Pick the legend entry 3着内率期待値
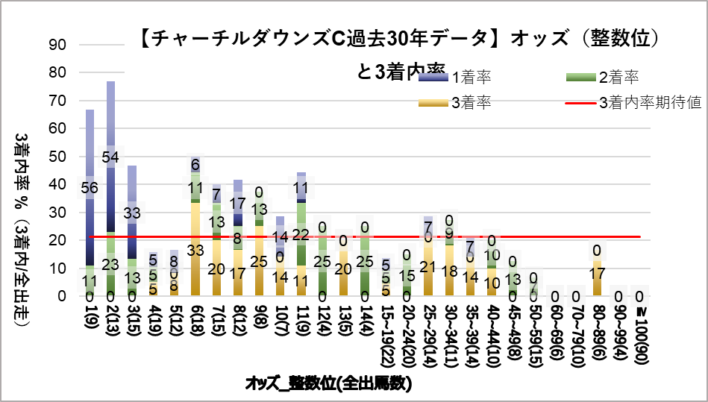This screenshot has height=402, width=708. click(x=650, y=103)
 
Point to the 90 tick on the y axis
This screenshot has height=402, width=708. click(x=59, y=45)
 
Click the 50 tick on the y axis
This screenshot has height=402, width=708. click(x=59, y=157)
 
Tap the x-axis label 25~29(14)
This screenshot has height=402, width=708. click(x=427, y=339)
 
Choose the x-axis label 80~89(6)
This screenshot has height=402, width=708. click(x=597, y=336)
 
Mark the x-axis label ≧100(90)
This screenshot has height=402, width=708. click(x=639, y=339)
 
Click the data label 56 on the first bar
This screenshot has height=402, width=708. click(x=90, y=189)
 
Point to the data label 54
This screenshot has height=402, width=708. click(x=110, y=157)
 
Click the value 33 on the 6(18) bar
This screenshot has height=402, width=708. click(x=195, y=251)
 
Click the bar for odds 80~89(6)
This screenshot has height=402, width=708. click(x=597, y=277)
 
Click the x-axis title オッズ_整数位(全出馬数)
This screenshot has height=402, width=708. click(x=328, y=384)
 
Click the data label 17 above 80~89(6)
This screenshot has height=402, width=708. click(x=597, y=273)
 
